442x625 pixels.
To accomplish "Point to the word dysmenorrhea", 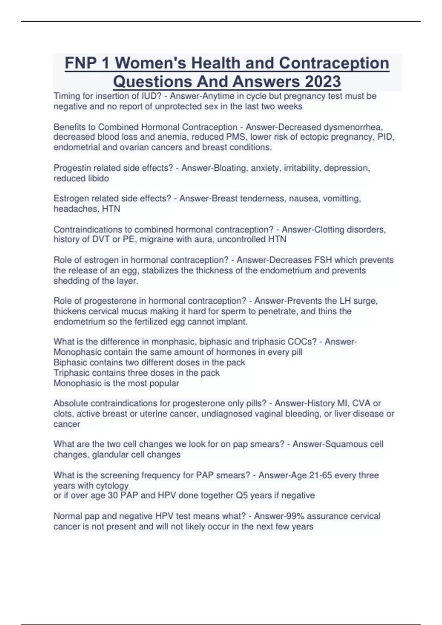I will point(353,127).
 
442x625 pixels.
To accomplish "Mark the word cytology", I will point(112,485).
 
